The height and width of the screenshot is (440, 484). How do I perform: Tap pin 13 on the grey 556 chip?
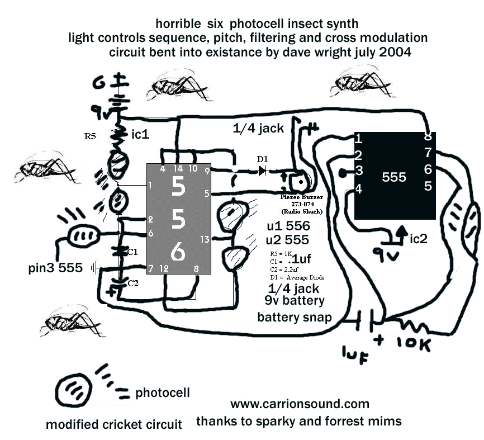(x=205, y=239)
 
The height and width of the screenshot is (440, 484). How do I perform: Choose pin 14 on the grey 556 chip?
(x=178, y=168)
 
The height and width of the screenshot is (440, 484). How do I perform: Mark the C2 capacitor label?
(x=132, y=283)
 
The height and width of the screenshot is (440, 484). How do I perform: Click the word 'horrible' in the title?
(x=177, y=24)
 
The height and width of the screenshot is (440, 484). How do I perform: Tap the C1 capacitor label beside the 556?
(x=132, y=252)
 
